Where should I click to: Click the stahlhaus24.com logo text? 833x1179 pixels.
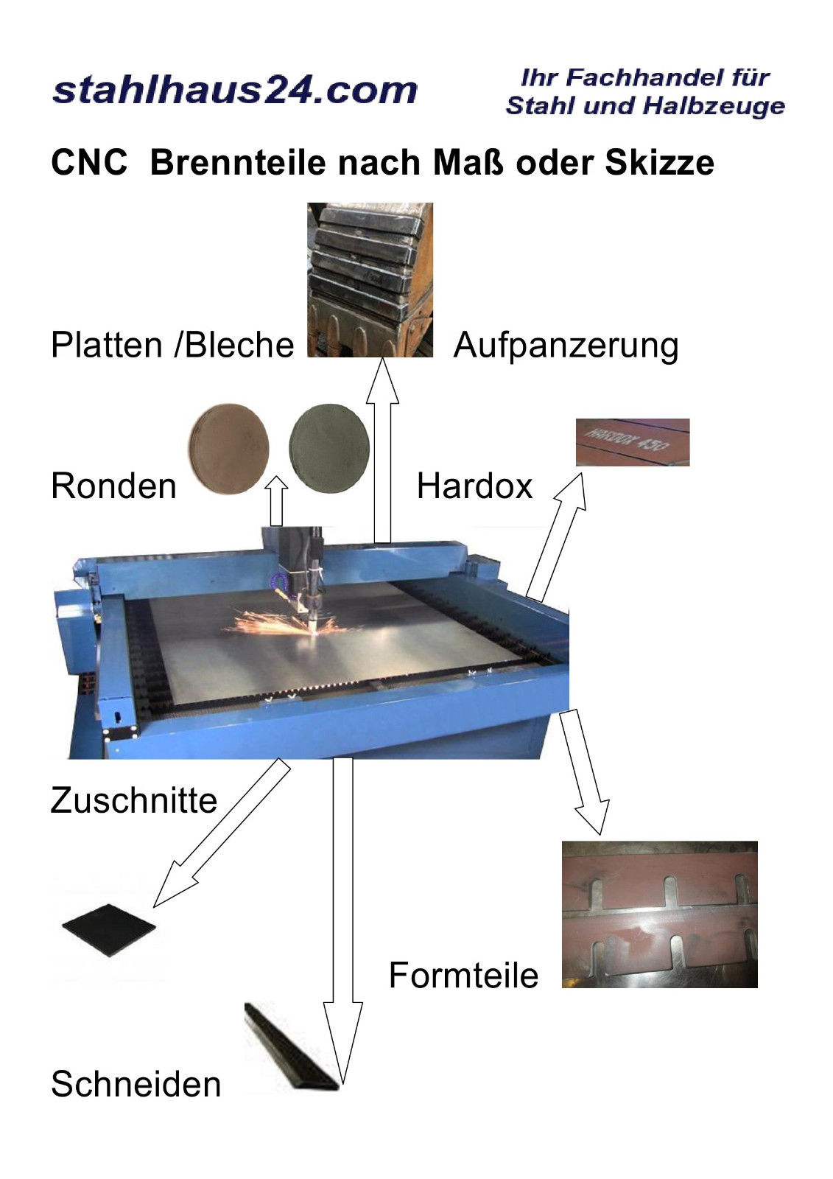pos(235,91)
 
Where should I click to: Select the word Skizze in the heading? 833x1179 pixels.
pos(659,162)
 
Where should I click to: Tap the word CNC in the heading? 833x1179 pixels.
pos(89,162)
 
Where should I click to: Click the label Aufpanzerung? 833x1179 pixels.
pos(566,346)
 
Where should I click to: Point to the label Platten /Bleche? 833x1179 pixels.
pos(172,346)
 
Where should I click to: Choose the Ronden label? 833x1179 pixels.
pos(113,486)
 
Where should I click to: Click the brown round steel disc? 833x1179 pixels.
pos(229,449)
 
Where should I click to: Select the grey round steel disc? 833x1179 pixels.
pos(329,449)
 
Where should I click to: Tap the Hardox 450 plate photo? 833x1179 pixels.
pos(633,442)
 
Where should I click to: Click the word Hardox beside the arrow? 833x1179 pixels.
pos(474,486)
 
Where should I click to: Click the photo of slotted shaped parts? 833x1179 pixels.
pos(660,914)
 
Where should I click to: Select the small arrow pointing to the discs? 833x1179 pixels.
pos(276,500)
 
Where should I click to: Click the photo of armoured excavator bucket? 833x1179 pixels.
pos(370,280)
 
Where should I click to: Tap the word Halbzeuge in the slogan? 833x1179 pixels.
pos(714,106)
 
